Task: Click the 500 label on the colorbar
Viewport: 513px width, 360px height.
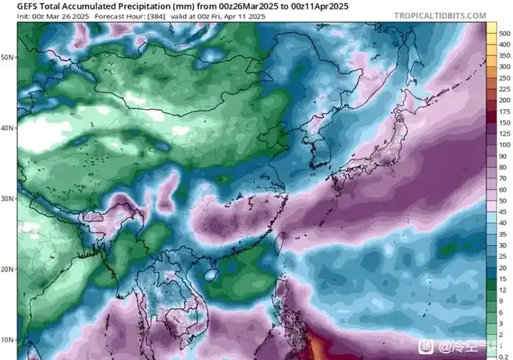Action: [x=504, y=34]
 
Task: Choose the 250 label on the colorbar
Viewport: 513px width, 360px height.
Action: [x=504, y=90]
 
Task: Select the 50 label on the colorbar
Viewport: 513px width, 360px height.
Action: [x=504, y=200]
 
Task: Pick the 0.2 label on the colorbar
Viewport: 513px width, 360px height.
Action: [x=504, y=355]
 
